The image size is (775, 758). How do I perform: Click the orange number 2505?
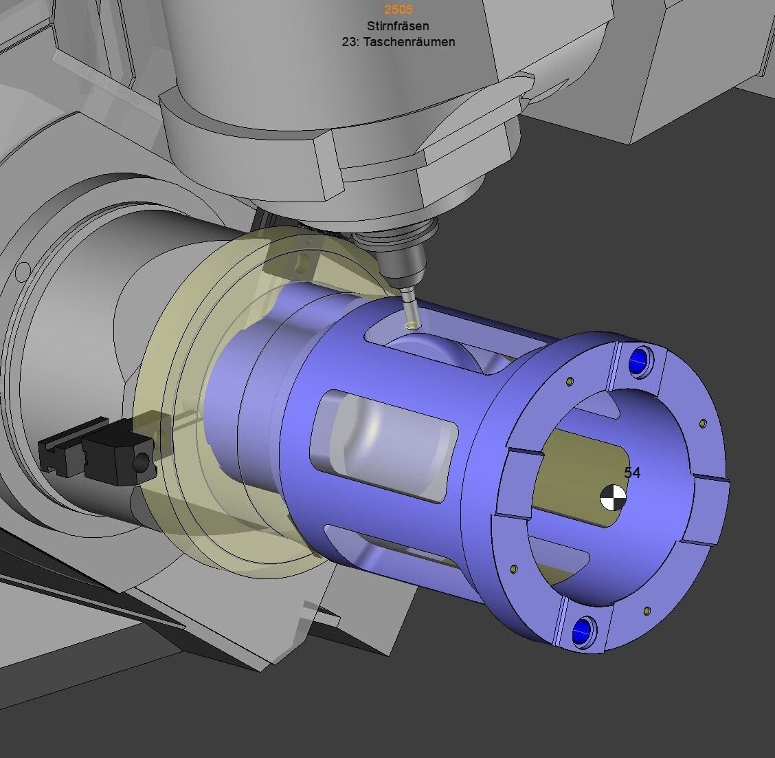[x=398, y=9]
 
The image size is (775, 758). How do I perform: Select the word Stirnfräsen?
[x=398, y=25]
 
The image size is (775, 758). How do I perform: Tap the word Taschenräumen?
[x=409, y=42]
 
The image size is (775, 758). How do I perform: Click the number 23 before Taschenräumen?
[x=348, y=42]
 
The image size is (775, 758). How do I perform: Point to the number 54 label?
[x=632, y=473]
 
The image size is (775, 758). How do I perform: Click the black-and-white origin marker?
[x=613, y=497]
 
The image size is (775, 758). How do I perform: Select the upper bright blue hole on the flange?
[x=639, y=360]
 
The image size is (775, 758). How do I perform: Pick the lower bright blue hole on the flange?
[x=583, y=630]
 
